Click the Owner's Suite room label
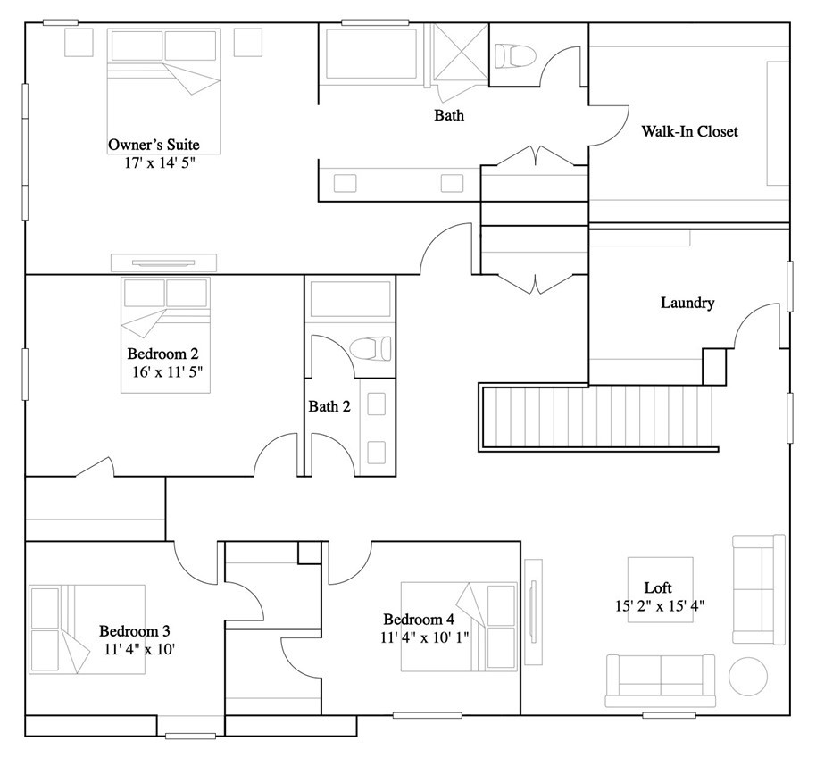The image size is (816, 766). [154, 145]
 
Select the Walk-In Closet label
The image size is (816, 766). [689, 132]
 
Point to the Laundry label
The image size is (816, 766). [687, 303]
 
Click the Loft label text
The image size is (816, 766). [658, 587]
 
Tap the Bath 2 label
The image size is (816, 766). [329, 407]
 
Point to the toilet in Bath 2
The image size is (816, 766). [371, 346]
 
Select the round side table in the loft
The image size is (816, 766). [748, 676]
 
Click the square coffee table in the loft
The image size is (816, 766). [661, 589]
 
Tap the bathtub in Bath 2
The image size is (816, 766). [349, 300]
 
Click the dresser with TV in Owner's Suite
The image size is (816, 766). [163, 262]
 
